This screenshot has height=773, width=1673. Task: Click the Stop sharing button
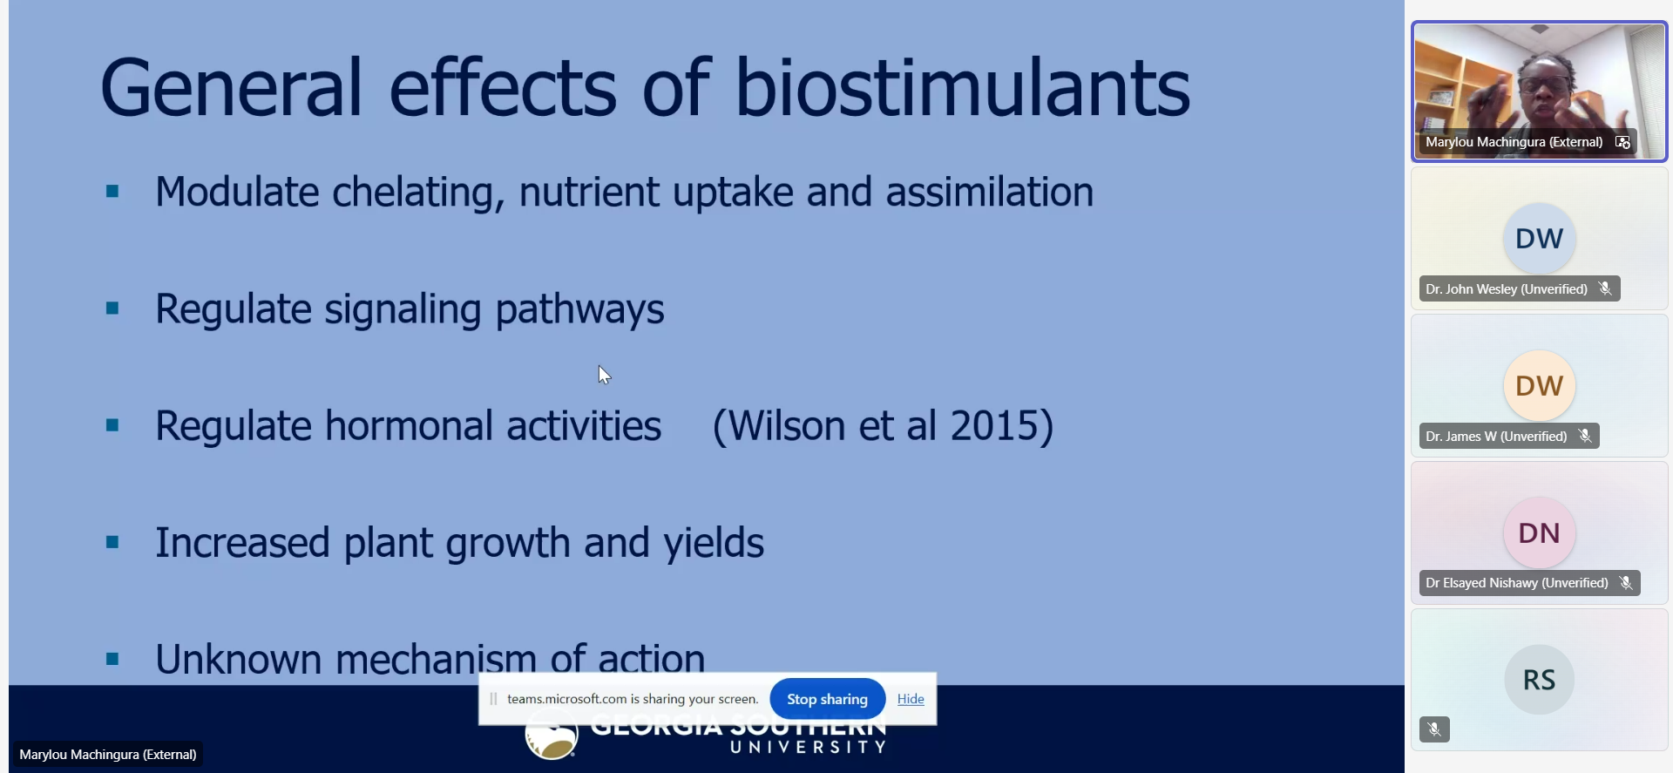[827, 699]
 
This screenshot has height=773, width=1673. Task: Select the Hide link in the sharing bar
[911, 699]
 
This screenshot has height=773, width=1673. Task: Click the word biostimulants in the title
[963, 88]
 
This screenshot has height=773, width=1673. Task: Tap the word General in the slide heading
[231, 88]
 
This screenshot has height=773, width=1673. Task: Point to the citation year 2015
[992, 426]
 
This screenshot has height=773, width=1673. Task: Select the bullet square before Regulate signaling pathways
[112, 308]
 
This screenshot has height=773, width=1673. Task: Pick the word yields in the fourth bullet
[714, 544]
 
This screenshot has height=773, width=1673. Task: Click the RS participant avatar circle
[1539, 680]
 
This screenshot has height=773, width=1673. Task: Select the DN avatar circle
[1539, 532]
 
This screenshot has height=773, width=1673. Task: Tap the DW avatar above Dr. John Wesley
[1539, 238]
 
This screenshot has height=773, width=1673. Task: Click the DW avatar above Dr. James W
[1539, 385]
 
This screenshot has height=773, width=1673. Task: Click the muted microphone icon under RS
[1434, 729]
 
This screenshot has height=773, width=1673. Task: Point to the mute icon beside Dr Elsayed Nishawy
[1626, 583]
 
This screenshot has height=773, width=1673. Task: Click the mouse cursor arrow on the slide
[604, 375]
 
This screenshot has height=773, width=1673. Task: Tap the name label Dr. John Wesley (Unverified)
[1507, 289]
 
